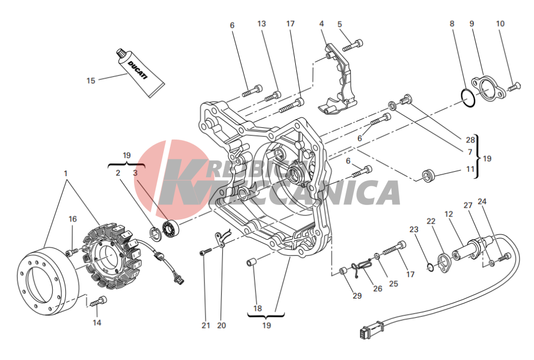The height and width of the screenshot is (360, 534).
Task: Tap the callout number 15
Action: tap(91, 81)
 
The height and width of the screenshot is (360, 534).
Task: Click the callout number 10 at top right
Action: tap(500, 24)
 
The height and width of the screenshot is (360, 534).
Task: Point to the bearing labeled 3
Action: tap(171, 229)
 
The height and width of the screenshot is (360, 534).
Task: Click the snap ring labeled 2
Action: tap(155, 233)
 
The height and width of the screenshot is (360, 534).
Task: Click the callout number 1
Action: tap(66, 174)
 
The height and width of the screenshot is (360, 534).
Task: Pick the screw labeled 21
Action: tap(206, 252)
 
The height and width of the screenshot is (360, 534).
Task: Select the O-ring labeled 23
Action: tap(430, 267)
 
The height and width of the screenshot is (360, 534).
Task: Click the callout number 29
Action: tap(357, 296)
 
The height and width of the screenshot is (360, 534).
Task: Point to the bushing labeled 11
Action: tap(428, 175)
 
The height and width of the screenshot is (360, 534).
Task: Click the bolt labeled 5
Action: tap(353, 45)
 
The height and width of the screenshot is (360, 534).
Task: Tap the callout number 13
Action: tap(261, 24)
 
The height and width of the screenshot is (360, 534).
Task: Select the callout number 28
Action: tap(470, 140)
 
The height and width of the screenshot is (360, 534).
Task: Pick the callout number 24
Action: tap(482, 202)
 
